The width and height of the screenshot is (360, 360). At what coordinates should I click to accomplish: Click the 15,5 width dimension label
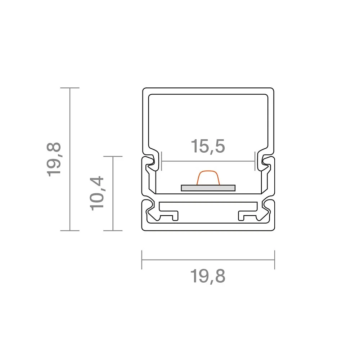[x=208, y=146]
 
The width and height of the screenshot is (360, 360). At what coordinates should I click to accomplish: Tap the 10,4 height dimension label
[x=97, y=193]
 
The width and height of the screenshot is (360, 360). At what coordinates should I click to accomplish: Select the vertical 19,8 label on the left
[x=54, y=159]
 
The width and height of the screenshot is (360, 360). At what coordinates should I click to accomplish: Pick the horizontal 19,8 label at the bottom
[x=208, y=276]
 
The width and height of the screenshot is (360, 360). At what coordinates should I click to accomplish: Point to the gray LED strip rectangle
[x=208, y=188]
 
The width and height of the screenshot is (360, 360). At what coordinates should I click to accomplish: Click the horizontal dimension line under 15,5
[x=208, y=161]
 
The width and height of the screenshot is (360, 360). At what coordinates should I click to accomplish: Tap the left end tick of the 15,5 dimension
[x=162, y=161]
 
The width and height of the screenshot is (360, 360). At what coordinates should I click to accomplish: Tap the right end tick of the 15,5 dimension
[x=255, y=161]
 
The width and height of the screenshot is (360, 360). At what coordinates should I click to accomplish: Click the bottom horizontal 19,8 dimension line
[x=208, y=260]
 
